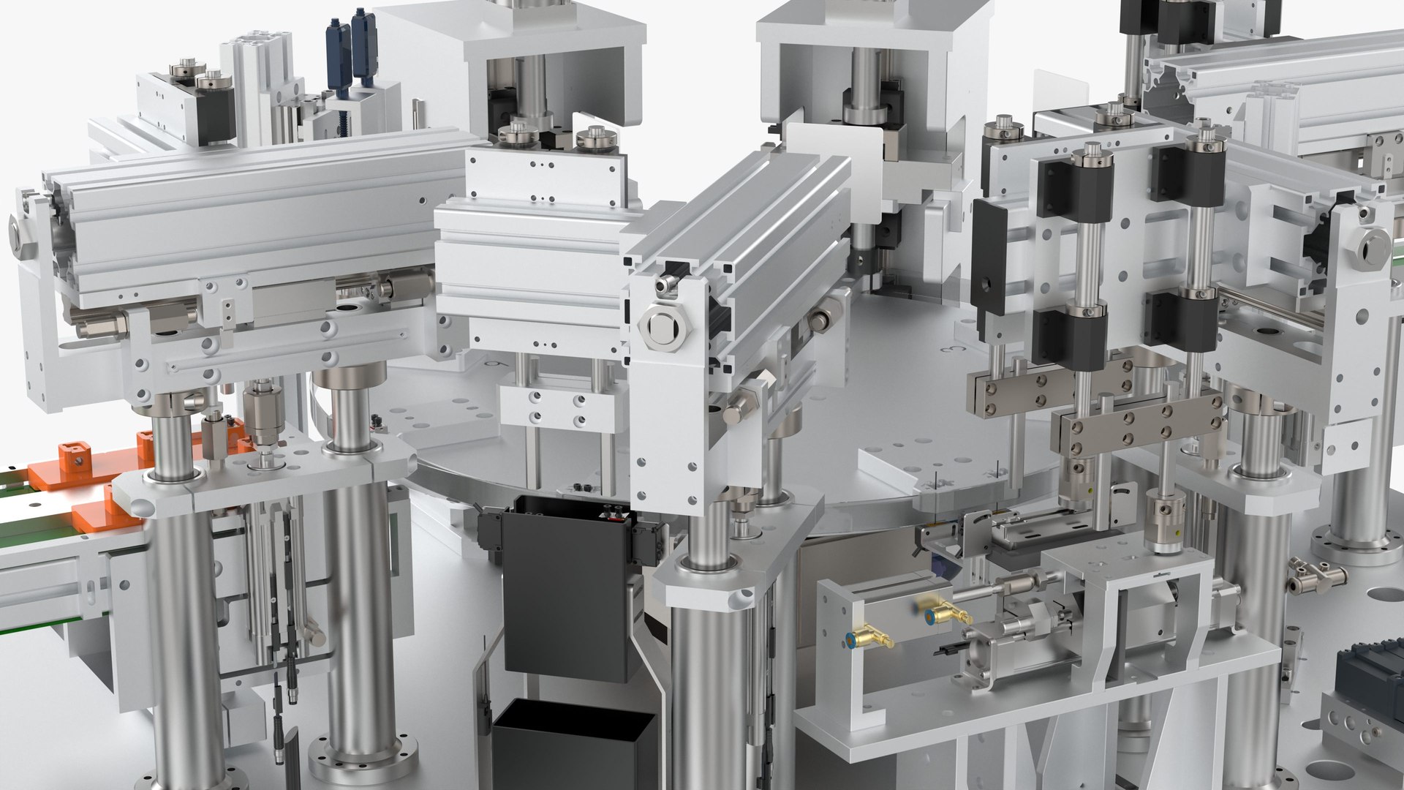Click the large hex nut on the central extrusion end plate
660,328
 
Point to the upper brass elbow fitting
944,614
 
